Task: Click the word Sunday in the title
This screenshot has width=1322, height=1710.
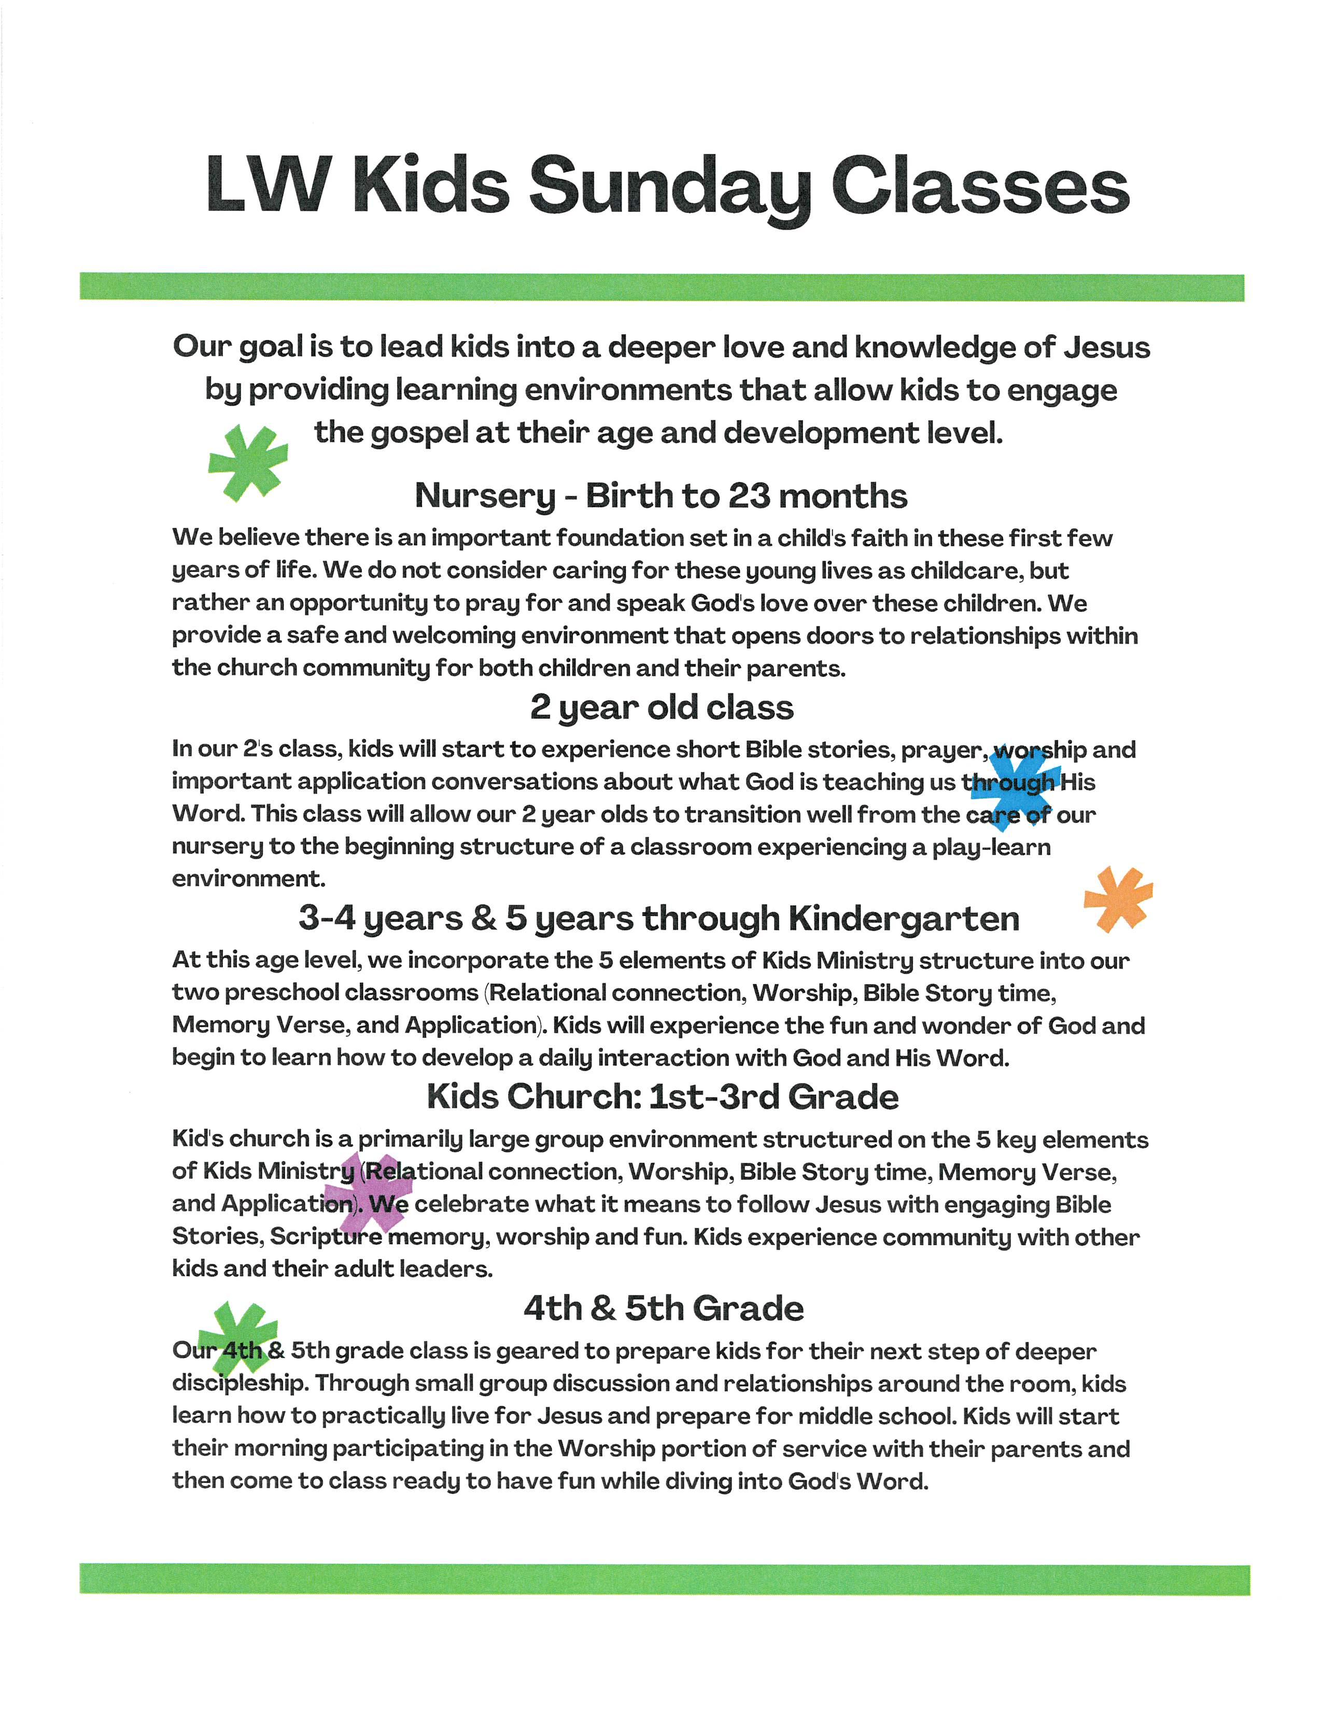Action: tap(670, 188)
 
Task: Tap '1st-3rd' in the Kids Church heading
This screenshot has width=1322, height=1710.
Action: tap(714, 1097)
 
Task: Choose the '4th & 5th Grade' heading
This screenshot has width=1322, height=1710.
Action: tap(664, 1308)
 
